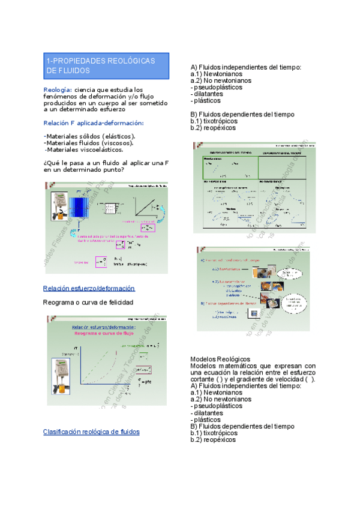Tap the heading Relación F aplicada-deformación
(94, 122)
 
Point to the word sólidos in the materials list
(86, 136)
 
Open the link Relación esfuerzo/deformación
(89, 288)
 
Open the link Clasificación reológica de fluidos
(91, 432)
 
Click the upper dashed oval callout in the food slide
(292, 274)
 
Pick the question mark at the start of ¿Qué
(46, 163)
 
